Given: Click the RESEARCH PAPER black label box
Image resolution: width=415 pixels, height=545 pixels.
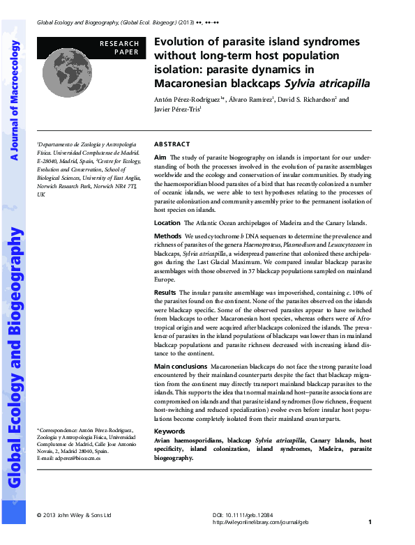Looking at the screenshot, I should pos(119,47).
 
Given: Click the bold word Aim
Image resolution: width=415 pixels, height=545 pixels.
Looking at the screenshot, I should pos(160,158).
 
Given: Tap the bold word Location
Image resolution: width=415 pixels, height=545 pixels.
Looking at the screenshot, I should pos(167,223).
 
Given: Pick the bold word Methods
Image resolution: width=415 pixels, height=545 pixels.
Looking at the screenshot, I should pos(167,236).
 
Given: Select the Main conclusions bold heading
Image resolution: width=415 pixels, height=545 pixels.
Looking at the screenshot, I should pos(179,365).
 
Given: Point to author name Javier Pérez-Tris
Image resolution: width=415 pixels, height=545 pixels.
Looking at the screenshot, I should pos(177,109).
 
